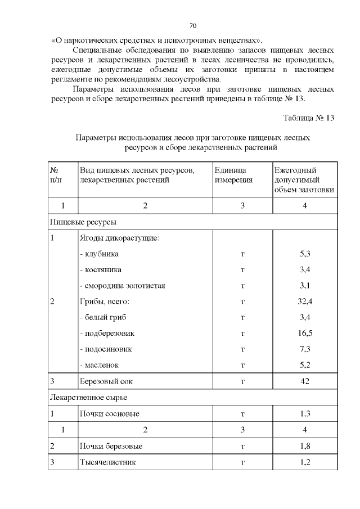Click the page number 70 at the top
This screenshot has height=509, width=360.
[x=192, y=26]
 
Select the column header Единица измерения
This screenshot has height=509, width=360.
[x=233, y=175]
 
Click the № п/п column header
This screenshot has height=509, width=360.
[x=55, y=175]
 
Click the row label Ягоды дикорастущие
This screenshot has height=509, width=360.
[x=119, y=238]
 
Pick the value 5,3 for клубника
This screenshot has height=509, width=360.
[x=305, y=254]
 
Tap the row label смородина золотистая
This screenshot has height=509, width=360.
[x=122, y=286]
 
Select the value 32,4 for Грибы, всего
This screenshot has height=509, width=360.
[x=305, y=301]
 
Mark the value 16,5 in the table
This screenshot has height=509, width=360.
[x=305, y=333]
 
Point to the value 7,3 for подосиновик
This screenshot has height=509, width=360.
[x=305, y=349]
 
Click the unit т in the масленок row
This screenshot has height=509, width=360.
[x=242, y=365]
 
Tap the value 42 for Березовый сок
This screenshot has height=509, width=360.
[x=305, y=381]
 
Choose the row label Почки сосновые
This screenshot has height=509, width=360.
[x=109, y=414]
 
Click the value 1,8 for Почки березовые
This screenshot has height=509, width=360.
[x=305, y=446]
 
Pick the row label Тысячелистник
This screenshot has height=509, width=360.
[x=107, y=462]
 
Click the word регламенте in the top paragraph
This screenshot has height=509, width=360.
[x=70, y=79]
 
